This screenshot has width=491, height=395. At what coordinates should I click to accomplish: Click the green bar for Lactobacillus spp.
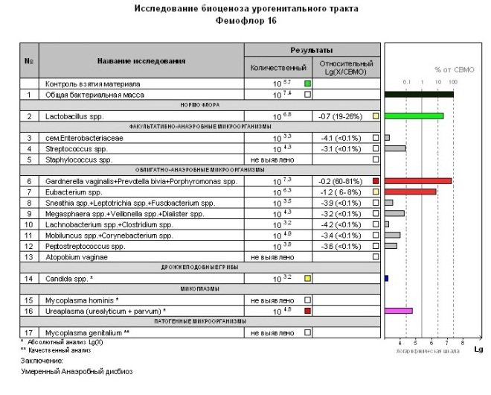click(x=414, y=116)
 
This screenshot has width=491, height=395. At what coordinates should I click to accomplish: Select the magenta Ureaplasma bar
click(x=398, y=311)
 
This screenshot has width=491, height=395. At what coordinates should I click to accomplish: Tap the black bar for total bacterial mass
click(x=419, y=95)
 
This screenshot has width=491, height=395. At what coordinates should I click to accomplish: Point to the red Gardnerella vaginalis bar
click(x=417, y=181)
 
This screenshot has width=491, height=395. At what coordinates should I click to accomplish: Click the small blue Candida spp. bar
click(x=386, y=278)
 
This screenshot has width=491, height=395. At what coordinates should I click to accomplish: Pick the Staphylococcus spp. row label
click(x=79, y=159)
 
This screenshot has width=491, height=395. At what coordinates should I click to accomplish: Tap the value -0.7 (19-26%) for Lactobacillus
click(x=341, y=116)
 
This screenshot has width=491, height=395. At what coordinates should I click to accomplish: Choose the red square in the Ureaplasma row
click(x=307, y=311)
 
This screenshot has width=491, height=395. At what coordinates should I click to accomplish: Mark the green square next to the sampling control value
click(x=307, y=83)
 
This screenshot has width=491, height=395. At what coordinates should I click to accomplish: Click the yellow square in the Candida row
click(x=307, y=278)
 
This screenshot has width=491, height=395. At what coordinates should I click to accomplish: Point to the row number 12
click(x=28, y=246)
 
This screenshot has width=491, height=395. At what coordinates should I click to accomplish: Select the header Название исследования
click(x=141, y=60)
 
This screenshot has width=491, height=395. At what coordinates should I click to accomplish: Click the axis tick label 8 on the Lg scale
click(x=463, y=342)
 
